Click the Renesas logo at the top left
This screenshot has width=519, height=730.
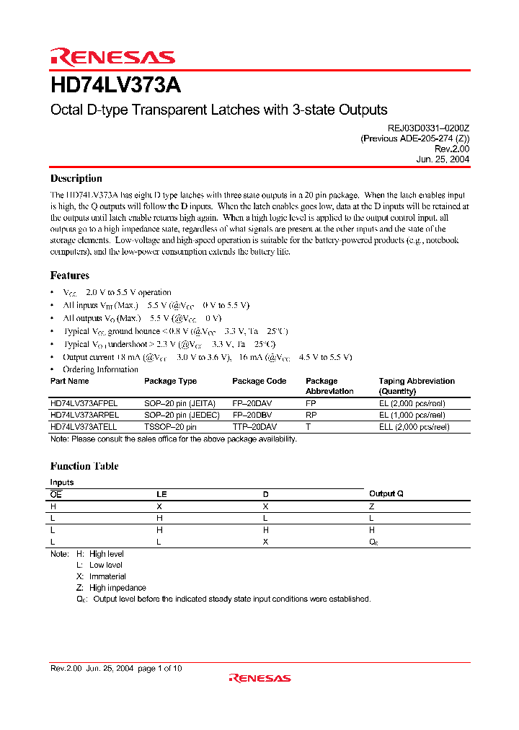[x=112, y=57]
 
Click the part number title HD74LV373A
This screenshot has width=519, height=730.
[x=115, y=86]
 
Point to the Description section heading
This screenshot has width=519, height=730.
[x=76, y=179]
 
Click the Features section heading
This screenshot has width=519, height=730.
[x=70, y=276]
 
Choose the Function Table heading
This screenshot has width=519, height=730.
[x=84, y=467]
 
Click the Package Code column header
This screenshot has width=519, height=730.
[x=259, y=381]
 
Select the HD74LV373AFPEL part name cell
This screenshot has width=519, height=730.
[x=84, y=404]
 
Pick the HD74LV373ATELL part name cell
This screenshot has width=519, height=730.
[x=84, y=427]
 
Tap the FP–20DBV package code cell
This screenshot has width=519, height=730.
[x=257, y=415]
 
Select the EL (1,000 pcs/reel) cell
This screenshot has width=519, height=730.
[x=414, y=415]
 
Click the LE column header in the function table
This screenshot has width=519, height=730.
[x=161, y=494]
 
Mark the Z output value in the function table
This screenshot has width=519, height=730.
[x=371, y=506]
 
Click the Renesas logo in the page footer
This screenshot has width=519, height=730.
[x=259, y=678]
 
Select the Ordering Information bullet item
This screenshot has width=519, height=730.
[x=100, y=369]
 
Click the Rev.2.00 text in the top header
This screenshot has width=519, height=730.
[x=453, y=149]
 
